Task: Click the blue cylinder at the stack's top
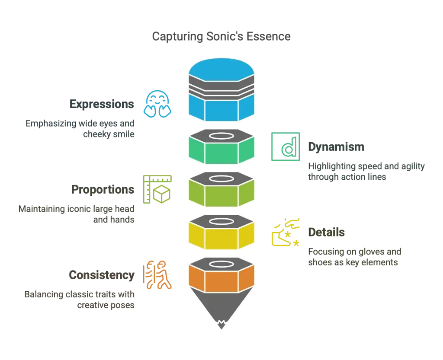tap(221, 69)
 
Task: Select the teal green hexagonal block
tap(221, 154)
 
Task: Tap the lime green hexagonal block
tap(221, 196)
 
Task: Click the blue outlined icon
tap(157, 104)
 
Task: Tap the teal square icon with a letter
tap(286, 147)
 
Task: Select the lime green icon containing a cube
tap(157, 188)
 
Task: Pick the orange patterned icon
tap(157, 275)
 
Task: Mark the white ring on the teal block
tap(221, 137)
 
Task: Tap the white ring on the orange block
tap(221, 263)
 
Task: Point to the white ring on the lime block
tap(221, 178)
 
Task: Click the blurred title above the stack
tap(221, 37)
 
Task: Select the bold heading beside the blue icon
tap(102, 105)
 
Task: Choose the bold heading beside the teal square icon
tap(337, 147)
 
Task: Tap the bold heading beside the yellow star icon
tap(327, 233)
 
